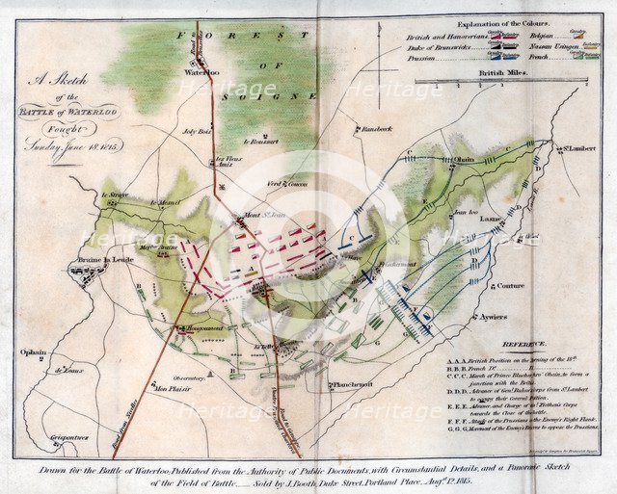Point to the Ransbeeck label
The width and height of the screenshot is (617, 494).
(x=375, y=128)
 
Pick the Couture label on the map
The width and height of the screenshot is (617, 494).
(x=511, y=286)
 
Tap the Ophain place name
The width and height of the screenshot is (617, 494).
(x=32, y=352)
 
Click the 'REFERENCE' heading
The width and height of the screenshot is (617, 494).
(x=525, y=344)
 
